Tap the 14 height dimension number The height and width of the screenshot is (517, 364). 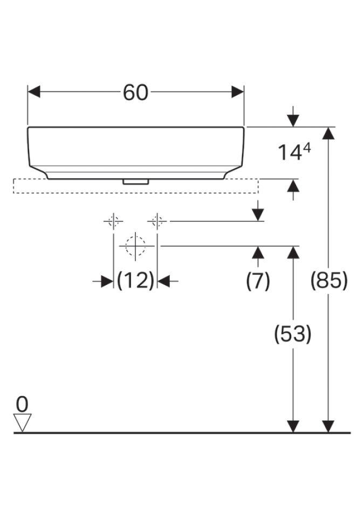click(290, 152)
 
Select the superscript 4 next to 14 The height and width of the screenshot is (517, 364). click(306, 149)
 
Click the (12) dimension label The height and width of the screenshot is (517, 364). click(135, 281)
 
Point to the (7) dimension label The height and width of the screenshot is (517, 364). click(258, 281)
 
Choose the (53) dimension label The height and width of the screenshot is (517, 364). click(293, 334)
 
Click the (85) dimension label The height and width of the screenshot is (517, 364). click(329, 281)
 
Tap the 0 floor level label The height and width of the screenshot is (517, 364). click(22, 404)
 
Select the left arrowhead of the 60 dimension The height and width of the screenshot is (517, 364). click(34, 92)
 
